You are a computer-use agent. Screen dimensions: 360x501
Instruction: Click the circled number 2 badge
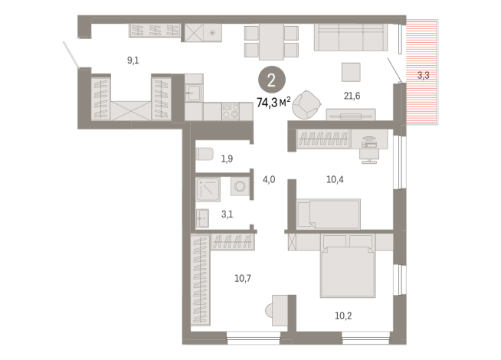269,79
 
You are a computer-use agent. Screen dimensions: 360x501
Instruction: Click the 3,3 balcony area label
424,75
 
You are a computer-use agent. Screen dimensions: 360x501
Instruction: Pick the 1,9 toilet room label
228,159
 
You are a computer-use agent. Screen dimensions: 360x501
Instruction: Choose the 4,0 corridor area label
269,180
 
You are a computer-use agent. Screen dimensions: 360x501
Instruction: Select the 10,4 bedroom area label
335,180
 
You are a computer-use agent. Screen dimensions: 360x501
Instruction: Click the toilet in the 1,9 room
204,155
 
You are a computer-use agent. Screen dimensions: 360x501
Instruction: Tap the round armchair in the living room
308,103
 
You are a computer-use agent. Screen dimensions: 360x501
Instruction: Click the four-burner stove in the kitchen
231,110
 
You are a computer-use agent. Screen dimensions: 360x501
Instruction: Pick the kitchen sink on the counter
194,93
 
